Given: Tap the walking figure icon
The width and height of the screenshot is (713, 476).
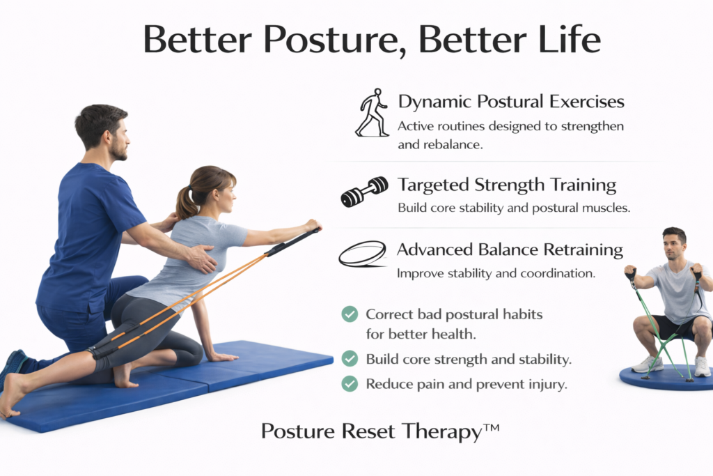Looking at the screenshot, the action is coord(373,112).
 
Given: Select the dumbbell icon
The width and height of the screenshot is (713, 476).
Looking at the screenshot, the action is coord(365,192).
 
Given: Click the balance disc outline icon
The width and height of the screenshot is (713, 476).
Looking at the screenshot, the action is coord(363,254).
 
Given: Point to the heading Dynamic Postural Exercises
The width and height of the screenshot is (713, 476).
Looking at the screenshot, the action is coord(511,102).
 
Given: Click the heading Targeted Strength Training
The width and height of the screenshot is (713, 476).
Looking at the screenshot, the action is coord(507,185).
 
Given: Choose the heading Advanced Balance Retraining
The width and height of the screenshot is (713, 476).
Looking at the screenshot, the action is coord(510,249).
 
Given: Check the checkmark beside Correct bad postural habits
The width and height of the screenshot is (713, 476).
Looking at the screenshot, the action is coord(350,314).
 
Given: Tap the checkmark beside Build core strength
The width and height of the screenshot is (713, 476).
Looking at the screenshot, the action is coord(350,359).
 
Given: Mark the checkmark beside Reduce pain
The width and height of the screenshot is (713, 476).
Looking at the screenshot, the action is coord(350,383).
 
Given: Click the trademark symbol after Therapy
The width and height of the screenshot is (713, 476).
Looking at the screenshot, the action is coord(492,427).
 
